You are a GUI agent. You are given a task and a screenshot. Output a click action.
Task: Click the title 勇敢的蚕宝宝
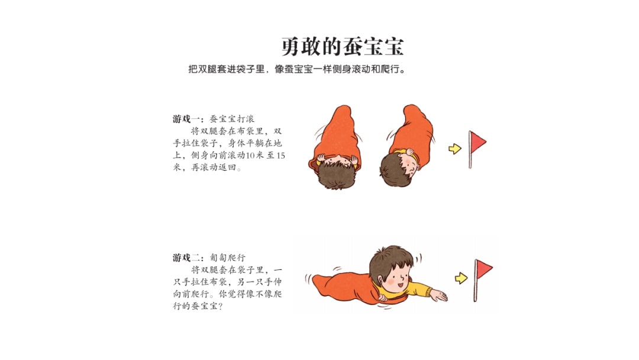pos(343,46)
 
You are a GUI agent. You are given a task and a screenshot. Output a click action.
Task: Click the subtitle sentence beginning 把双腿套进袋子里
pos(297,69)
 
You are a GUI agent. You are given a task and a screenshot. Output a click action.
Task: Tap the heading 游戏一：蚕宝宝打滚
pos(214,118)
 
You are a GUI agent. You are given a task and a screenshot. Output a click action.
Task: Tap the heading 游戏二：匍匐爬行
pos(209,258)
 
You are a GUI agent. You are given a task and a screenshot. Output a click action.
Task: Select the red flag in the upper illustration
pos(477,143)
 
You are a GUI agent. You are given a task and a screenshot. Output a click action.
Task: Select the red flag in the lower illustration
pos(484,270)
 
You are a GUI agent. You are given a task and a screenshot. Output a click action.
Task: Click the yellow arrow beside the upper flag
pos(454,149)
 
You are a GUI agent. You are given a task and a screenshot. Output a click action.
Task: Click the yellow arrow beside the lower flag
pos(461,278)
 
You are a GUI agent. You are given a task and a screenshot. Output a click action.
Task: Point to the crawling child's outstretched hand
pos(438,294)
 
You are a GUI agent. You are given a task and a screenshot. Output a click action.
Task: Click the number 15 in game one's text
pos(280,155)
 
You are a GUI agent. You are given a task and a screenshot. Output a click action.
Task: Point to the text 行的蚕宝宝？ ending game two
pos(198,307)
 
